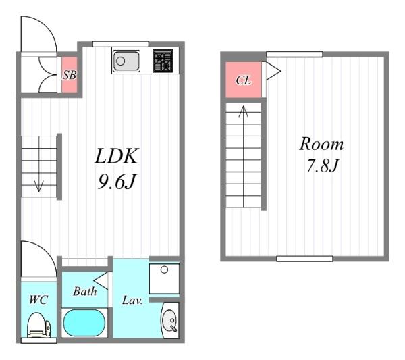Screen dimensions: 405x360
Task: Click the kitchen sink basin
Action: pos(127,61)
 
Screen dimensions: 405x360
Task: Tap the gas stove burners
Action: pos(163,61)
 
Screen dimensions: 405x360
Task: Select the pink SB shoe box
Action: pos(70,75)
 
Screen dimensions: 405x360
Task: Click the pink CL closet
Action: pos(243,80)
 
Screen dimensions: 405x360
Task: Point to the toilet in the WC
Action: pos(39,326)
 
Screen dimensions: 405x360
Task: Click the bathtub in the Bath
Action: pos(84,323)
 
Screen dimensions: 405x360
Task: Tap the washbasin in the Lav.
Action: pos(170,320)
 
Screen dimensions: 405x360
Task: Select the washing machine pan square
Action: pos(164,279)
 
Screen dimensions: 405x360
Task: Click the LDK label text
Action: pos(117,156)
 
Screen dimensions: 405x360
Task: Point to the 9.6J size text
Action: pos(117,182)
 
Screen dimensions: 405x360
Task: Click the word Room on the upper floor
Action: pos(321,144)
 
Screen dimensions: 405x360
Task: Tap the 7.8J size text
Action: pos(323,165)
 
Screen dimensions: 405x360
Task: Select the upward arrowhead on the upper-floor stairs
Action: pos(243,111)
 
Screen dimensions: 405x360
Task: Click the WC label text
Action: pos(38,300)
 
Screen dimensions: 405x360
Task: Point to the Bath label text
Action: pos(85,291)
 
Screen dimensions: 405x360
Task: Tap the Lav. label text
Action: pos(132,301)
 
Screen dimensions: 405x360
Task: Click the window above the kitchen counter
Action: pos(121,44)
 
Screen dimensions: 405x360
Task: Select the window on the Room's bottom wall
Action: pos(305,259)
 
